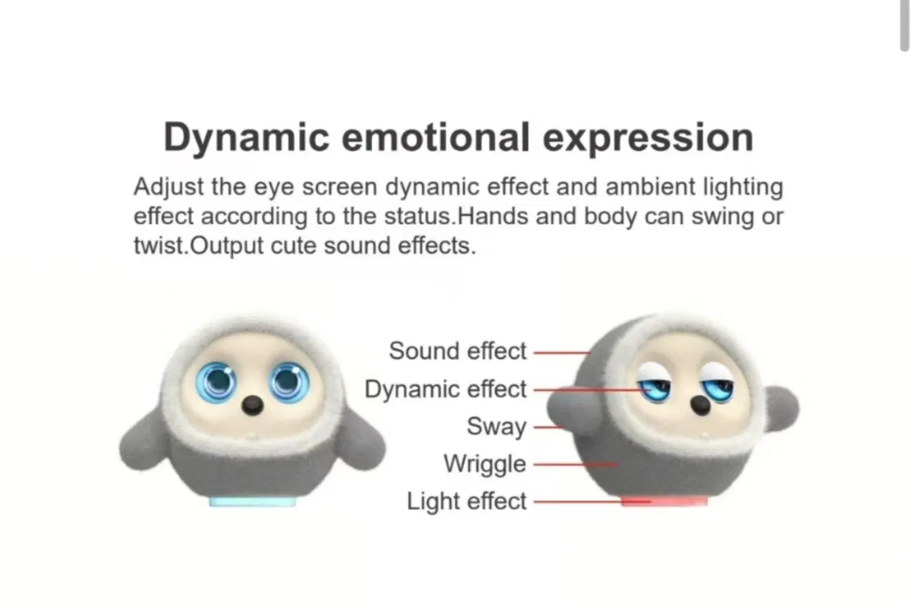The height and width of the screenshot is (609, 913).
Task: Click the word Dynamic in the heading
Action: pyautogui.click(x=246, y=138)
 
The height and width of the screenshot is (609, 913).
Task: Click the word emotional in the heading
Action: pyautogui.click(x=435, y=136)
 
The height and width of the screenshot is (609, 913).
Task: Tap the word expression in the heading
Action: pyautogui.click(x=647, y=138)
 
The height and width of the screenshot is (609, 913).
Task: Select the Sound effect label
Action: pyautogui.click(x=458, y=351)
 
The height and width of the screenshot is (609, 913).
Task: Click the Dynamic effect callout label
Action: pyautogui.click(x=445, y=389)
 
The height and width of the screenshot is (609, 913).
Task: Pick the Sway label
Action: pyautogui.click(x=496, y=427)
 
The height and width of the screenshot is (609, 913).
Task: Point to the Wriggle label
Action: pyautogui.click(x=485, y=464)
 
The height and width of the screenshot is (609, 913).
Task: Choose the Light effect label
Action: pyautogui.click(x=467, y=501)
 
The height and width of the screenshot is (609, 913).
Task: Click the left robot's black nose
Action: pyautogui.click(x=251, y=406)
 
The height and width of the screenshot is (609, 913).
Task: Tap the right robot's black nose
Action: pyautogui.click(x=700, y=406)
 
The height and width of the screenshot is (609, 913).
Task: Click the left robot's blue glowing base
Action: pyautogui.click(x=251, y=501)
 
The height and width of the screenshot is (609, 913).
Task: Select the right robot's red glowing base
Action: pyautogui.click(x=664, y=501)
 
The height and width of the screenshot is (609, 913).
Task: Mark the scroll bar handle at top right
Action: pyautogui.click(x=904, y=25)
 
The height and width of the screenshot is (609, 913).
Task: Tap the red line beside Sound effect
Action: pyautogui.click(x=561, y=353)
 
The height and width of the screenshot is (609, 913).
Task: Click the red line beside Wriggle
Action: pyautogui.click(x=575, y=465)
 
